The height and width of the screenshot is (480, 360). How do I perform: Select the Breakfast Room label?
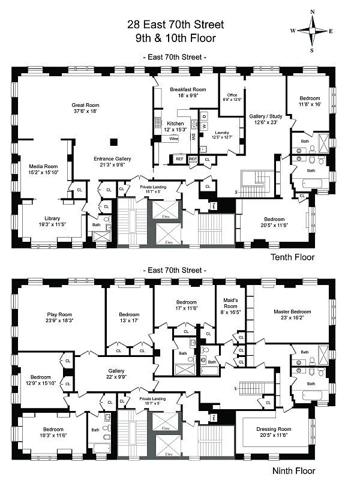[184, 91]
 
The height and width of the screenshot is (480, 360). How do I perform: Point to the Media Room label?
[43, 169]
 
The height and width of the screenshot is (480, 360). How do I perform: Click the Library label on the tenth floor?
[52, 221]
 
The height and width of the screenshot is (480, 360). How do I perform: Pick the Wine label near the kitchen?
[174, 139]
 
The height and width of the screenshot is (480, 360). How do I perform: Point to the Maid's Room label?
[231, 303]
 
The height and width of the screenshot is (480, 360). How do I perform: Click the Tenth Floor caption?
[292, 257]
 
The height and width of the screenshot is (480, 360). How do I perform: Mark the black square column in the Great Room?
[113, 142]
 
